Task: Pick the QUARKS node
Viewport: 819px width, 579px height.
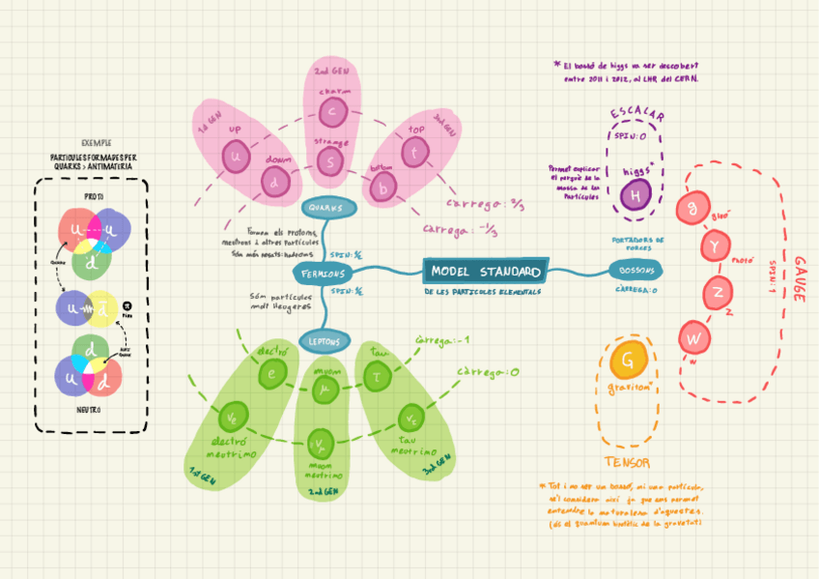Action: [x=329, y=208]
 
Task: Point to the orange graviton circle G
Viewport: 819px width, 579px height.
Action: [x=628, y=362]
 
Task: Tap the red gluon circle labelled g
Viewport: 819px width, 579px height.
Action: [x=692, y=208]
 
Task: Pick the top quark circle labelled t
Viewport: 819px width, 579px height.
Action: [x=414, y=152]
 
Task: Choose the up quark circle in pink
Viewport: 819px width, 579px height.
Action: [x=236, y=155]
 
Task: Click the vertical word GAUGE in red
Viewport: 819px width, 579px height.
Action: [x=800, y=280]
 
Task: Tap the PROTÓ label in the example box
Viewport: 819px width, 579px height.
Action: [x=94, y=196]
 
